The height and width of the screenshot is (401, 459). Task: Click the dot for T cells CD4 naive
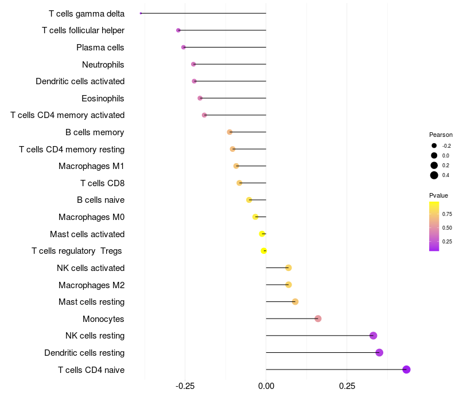(406, 369)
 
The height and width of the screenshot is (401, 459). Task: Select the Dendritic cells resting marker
(379, 352)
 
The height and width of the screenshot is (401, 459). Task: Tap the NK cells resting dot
(373, 336)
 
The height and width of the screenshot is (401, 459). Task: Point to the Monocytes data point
(318, 319)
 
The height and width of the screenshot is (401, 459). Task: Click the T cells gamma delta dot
(141, 13)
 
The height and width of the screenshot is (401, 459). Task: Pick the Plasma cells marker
(184, 47)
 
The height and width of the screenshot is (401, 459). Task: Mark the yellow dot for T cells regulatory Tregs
(264, 251)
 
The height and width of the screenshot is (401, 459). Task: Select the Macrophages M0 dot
(255, 217)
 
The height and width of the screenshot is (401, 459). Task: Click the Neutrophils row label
(103, 64)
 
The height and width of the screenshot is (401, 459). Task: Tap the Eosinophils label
(103, 99)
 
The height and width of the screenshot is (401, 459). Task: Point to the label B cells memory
(95, 132)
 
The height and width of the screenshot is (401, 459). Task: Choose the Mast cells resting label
(91, 302)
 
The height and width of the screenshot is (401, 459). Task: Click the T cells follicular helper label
(83, 30)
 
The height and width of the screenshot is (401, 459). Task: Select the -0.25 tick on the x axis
(185, 386)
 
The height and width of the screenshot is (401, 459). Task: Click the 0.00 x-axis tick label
(266, 386)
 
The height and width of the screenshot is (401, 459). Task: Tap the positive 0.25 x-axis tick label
(347, 386)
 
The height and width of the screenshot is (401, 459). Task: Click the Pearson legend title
(441, 135)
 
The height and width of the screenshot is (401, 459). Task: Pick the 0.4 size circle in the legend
(434, 175)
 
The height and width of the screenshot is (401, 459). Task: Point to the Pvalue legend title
(438, 195)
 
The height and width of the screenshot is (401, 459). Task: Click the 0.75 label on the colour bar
(447, 214)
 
